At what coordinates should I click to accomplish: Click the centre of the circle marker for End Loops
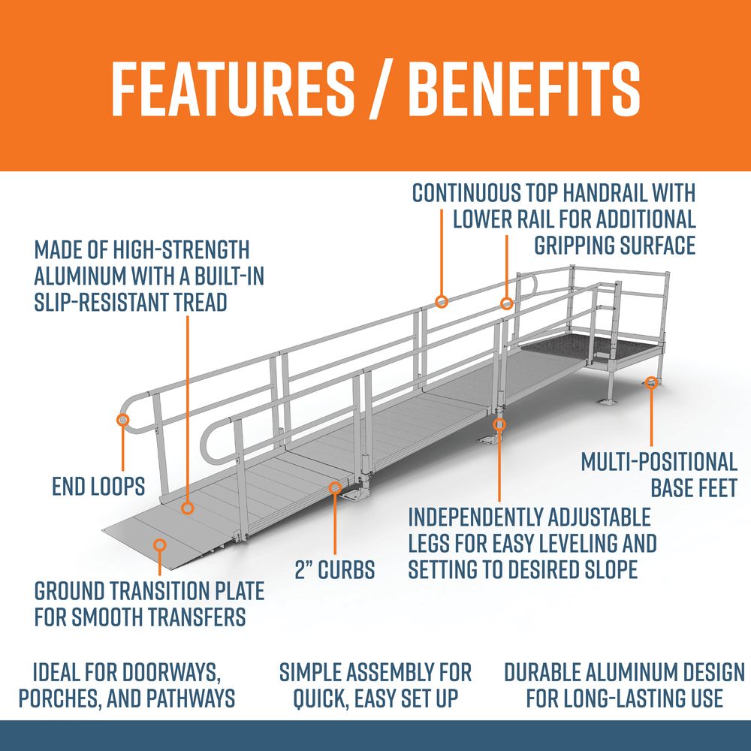123,420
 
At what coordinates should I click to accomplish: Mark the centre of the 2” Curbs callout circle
335,488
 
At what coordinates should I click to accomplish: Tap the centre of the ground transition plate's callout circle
160,545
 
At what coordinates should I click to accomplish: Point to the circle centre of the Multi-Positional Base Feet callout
651,382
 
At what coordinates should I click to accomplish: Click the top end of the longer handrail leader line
442,210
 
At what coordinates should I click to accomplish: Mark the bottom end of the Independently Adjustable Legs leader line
499,502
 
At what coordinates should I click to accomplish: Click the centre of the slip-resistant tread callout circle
188,508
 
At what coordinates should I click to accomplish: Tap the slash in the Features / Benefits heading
381,89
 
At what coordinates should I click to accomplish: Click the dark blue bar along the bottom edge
375,735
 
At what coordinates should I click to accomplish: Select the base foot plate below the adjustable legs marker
490,440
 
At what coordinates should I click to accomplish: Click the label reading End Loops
98,487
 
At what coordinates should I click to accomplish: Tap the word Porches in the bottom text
59,698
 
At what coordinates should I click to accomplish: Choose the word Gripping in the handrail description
574,246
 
